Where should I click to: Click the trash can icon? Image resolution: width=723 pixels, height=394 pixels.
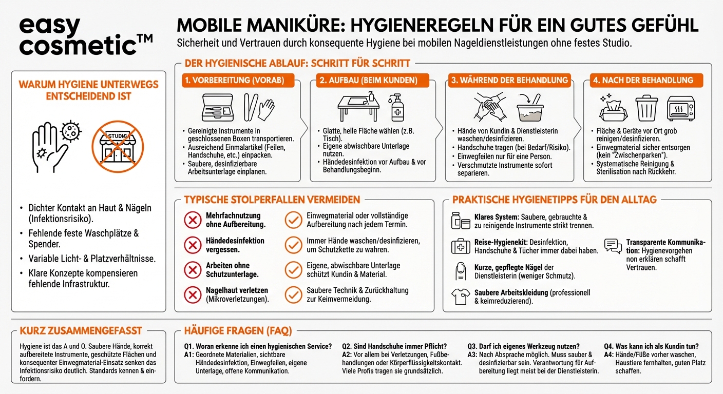646,108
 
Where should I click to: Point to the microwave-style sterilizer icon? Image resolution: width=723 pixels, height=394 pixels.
680,108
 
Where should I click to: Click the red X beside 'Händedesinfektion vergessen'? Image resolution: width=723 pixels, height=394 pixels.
193,245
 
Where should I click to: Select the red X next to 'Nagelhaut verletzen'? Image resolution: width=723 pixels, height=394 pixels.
193,294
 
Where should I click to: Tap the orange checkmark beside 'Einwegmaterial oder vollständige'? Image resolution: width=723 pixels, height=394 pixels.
293,220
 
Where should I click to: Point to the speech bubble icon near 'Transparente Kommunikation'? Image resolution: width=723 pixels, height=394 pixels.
613,246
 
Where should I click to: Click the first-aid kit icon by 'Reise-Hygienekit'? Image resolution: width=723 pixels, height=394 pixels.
461,246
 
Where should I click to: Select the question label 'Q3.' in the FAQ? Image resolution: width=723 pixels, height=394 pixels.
473,346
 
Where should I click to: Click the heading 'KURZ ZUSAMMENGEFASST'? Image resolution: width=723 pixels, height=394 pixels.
81,331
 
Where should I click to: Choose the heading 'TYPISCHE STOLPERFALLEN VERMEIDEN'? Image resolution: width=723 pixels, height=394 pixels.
272,200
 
